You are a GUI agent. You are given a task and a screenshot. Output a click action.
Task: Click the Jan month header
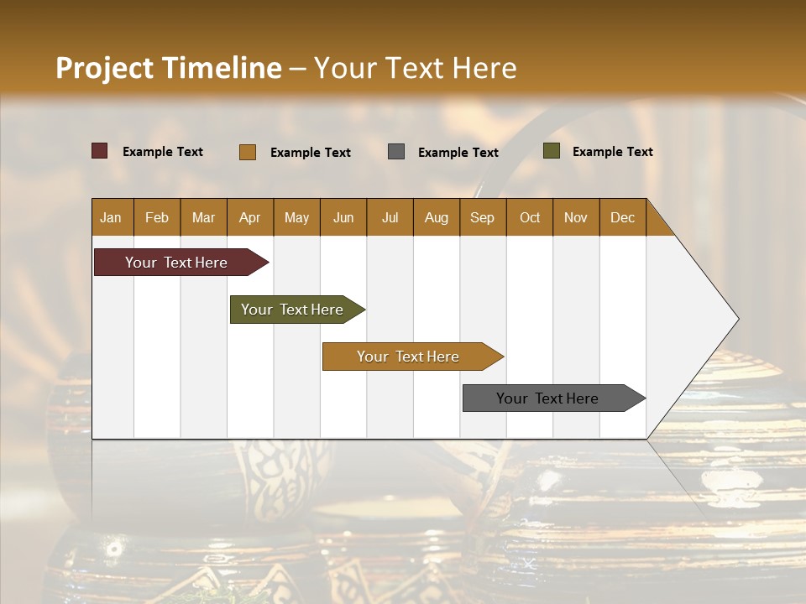[112, 217]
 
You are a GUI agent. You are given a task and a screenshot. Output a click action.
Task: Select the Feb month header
[157, 217]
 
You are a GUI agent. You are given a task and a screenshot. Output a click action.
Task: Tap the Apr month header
[250, 217]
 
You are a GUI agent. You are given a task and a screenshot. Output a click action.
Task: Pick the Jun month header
[343, 217]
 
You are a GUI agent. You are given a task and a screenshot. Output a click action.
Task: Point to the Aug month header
[437, 217]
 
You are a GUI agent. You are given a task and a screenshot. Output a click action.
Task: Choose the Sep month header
[483, 217]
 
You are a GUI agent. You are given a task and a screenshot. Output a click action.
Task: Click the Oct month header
[530, 217]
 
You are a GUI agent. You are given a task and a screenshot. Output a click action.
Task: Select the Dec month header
[623, 217]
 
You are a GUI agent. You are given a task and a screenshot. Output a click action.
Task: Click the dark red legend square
[100, 151]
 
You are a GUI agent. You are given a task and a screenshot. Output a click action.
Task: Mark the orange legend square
[248, 152]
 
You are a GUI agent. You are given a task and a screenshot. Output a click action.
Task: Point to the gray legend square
[396, 152]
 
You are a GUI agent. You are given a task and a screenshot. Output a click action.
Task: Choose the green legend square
[552, 151]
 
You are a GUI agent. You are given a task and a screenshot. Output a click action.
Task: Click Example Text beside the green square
[612, 151]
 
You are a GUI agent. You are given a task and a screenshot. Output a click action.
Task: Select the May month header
[296, 217]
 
